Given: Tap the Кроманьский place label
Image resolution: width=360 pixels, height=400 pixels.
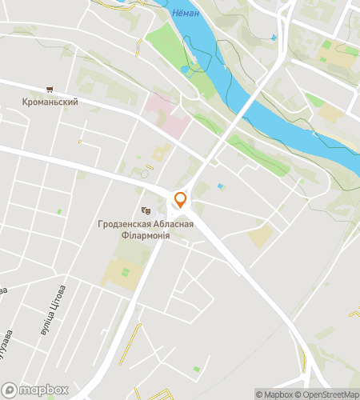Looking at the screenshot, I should (x=50, y=102).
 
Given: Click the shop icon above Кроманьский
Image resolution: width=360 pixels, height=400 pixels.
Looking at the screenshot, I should (x=50, y=90).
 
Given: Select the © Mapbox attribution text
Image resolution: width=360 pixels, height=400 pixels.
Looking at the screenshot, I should (x=274, y=394).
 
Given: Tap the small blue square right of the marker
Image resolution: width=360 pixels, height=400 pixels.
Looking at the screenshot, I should (x=222, y=186).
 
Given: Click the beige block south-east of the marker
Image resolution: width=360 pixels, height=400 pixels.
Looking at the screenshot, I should (x=260, y=235).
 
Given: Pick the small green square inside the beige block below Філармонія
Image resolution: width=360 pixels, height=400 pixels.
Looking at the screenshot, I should (x=126, y=272).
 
